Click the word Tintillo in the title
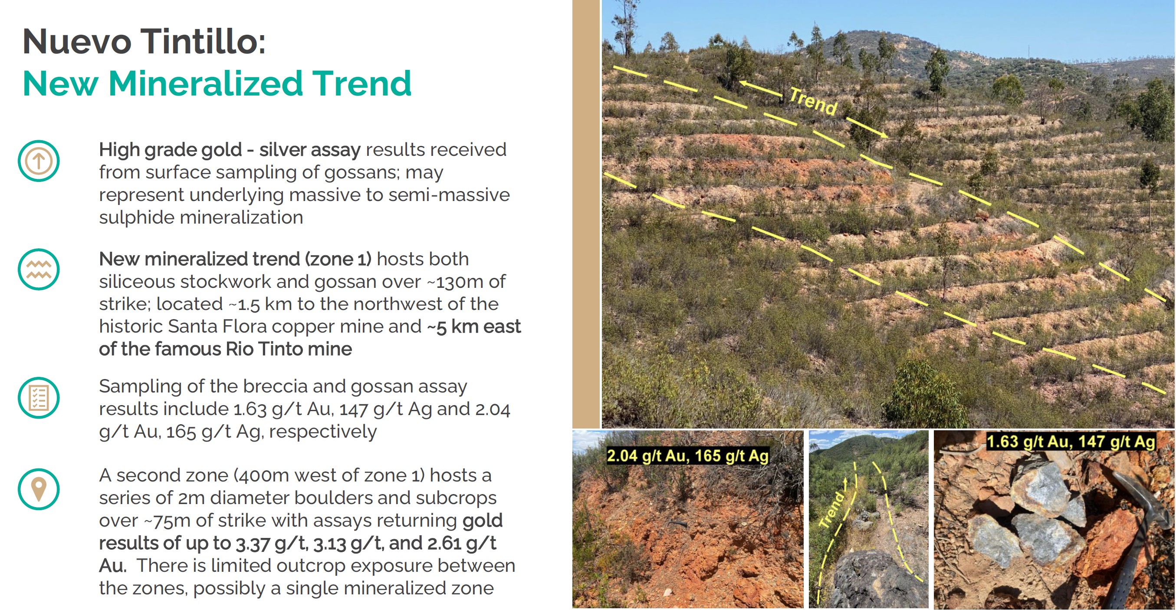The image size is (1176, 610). pyautogui.click(x=203, y=41)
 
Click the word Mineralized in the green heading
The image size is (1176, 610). pyautogui.click(x=205, y=83)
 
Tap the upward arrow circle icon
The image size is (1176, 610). pyautogui.click(x=39, y=161)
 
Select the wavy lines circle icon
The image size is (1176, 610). pyautogui.click(x=39, y=269)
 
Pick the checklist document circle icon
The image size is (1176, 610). pyautogui.click(x=39, y=398)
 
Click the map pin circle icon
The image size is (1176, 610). pyautogui.click(x=39, y=489)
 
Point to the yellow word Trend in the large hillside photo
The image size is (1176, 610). pyautogui.click(x=813, y=101)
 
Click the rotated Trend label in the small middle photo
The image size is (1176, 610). pyautogui.click(x=832, y=510)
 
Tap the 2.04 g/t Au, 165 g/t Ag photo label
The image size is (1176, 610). pyautogui.click(x=687, y=456)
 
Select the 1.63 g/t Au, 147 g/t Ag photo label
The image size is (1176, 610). pyautogui.click(x=1071, y=442)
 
